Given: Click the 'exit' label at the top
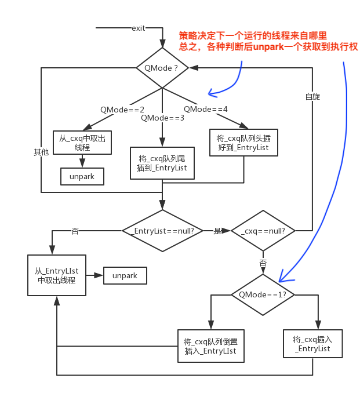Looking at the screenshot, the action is click(139, 28).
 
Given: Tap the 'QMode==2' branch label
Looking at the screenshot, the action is click(122, 110).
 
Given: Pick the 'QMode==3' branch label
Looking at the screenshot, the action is click(162, 118).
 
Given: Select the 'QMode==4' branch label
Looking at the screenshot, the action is click(206, 109).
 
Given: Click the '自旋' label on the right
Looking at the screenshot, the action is click(312, 96).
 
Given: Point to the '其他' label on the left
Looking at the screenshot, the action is click(41, 152).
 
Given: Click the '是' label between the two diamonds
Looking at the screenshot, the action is click(217, 231).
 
